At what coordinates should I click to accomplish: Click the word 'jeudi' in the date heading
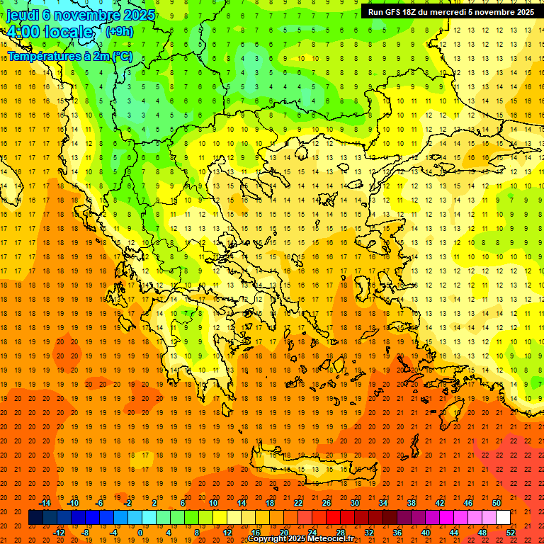pyautogui.click(x=23, y=14)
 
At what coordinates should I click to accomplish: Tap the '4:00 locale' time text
pyautogui.click(x=50, y=32)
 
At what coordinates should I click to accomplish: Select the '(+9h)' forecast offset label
pyautogui.click(x=118, y=31)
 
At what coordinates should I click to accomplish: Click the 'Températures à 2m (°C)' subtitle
pyautogui.click(x=69, y=55)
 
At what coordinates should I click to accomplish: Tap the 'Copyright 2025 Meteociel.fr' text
pyautogui.click(x=300, y=539)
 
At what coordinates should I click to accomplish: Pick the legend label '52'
pyautogui.click(x=511, y=532)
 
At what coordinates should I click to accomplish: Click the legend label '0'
pyautogui.click(x=140, y=532)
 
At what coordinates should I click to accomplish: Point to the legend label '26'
pyautogui.click(x=327, y=503)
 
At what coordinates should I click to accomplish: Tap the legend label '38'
pyautogui.click(x=412, y=503)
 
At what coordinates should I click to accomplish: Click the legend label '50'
pyautogui.click(x=497, y=503)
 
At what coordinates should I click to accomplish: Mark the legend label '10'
pyautogui.click(x=213, y=503)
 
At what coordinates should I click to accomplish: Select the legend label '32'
pyautogui.click(x=369, y=532)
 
